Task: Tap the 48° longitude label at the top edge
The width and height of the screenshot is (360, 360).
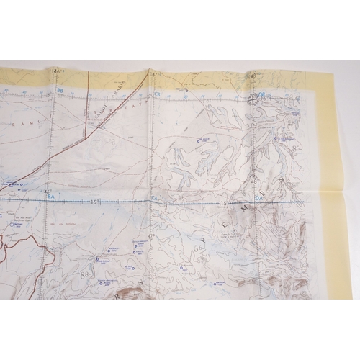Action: pyautogui.click(x=253, y=75)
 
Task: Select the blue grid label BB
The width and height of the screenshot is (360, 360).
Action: pyautogui.click(x=60, y=91)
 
